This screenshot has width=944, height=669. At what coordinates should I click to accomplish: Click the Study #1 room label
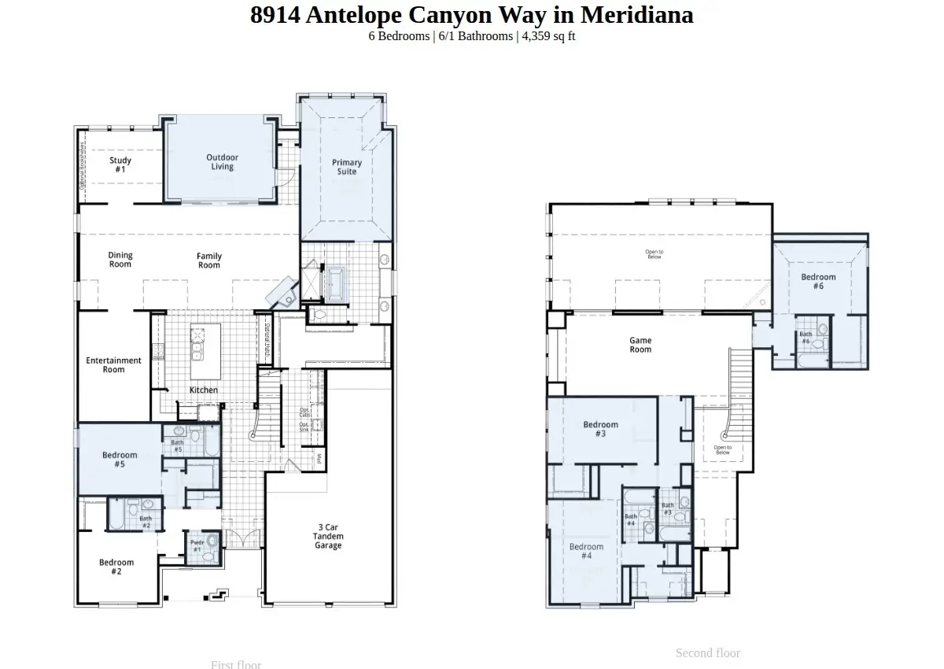(120, 164)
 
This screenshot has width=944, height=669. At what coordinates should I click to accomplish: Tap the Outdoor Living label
(222, 161)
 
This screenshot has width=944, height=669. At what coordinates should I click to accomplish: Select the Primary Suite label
(346, 167)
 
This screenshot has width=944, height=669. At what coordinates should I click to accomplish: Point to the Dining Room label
(120, 260)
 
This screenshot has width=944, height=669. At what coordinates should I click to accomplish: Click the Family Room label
(209, 261)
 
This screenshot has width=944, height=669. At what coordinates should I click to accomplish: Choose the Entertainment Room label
(114, 364)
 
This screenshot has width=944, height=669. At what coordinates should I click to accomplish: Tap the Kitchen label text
(204, 390)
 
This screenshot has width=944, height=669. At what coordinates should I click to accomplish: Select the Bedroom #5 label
(120, 460)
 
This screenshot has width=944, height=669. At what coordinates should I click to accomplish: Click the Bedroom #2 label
(116, 567)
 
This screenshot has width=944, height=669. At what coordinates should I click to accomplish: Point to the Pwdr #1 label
(197, 545)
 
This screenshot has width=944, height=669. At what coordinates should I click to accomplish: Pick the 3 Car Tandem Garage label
(328, 536)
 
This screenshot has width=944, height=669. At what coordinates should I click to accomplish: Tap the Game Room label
(640, 345)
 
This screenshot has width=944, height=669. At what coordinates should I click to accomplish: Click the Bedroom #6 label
(818, 281)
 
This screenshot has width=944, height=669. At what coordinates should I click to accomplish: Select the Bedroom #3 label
(600, 429)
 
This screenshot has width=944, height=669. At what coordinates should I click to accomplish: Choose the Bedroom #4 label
(586, 551)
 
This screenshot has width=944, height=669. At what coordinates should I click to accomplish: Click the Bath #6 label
(806, 338)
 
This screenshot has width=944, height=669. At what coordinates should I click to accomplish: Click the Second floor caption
(707, 652)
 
